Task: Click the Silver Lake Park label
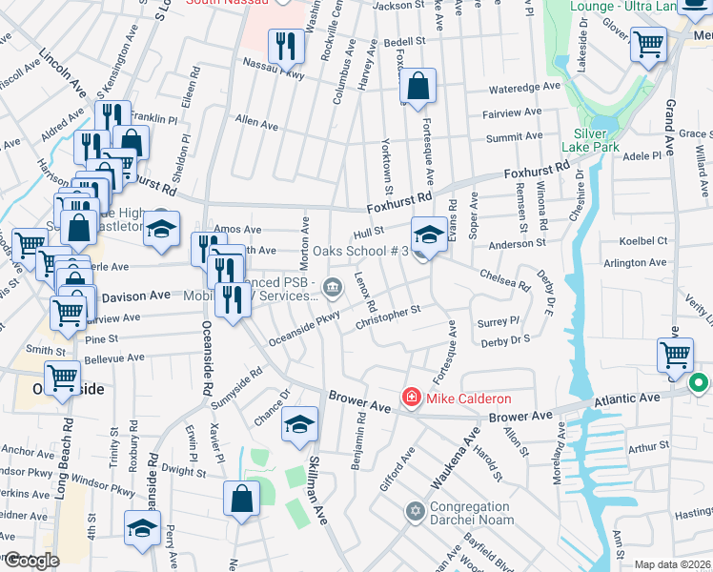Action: (597, 140)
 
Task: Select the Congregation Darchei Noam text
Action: (472, 513)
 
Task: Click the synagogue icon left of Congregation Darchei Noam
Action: (414, 513)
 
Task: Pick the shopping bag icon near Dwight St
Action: (242, 498)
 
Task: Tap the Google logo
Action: (31, 561)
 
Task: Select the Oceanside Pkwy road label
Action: (304, 329)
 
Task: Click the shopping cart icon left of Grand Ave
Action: (648, 44)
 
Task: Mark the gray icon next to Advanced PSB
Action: (333, 285)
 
